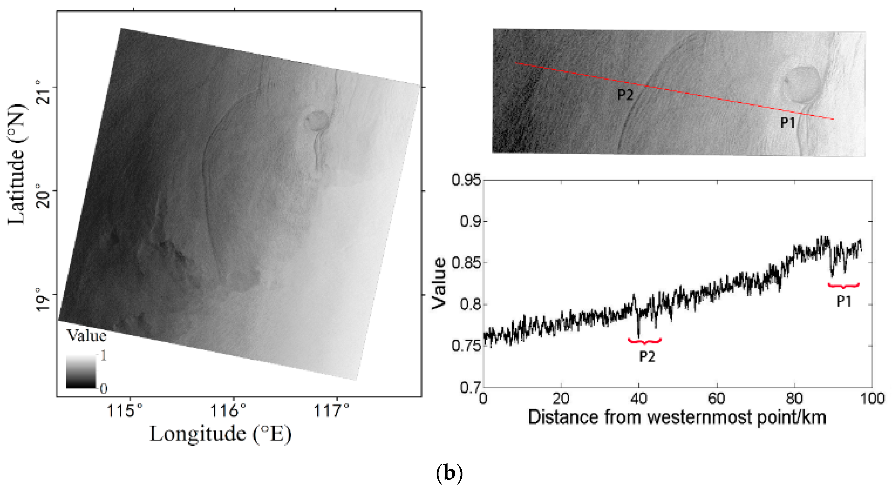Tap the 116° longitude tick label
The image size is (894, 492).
(x=228, y=411)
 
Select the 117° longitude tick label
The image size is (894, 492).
(x=332, y=411)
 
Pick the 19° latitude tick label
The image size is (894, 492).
(x=43, y=299)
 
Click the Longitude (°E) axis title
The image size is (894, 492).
(x=220, y=434)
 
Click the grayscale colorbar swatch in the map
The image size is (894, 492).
(x=81, y=371)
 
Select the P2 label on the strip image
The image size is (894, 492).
(x=625, y=95)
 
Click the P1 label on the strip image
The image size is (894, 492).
(x=788, y=122)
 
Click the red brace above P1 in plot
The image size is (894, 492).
(x=844, y=286)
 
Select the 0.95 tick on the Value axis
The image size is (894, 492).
(x=467, y=180)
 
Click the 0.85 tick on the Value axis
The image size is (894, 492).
(x=467, y=263)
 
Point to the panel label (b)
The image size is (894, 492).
(x=449, y=473)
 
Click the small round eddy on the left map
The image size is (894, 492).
(x=316, y=120)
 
